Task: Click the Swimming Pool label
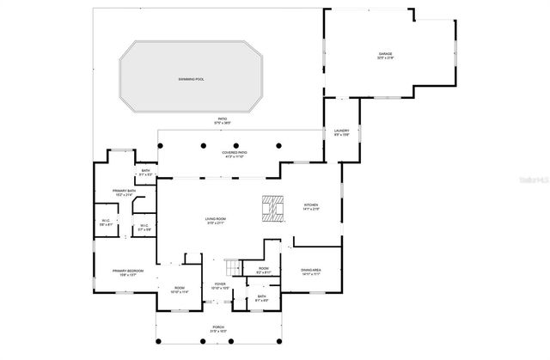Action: click(x=191, y=79)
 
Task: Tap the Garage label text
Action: click(x=385, y=55)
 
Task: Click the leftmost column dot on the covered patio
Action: click(x=203, y=145)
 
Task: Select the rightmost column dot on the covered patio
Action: click(x=279, y=145)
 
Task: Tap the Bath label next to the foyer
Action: click(x=261, y=298)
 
